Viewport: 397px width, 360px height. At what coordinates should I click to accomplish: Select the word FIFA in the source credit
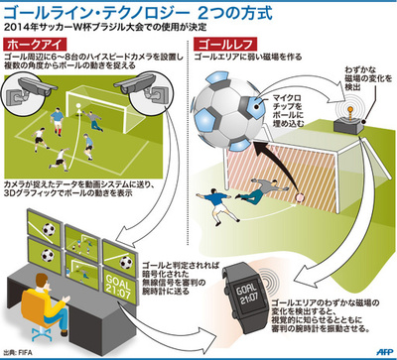click(x=32, y=350)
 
